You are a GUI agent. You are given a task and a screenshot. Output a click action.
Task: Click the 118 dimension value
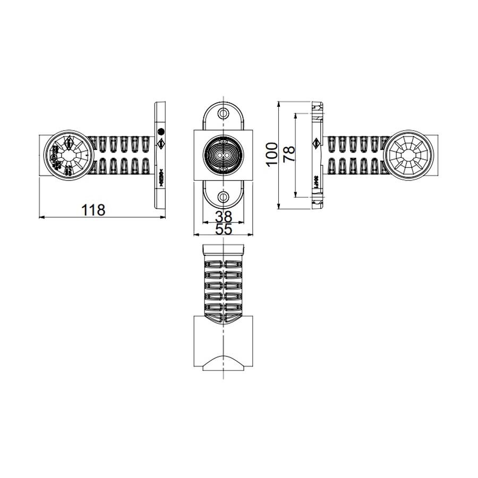point(93,210)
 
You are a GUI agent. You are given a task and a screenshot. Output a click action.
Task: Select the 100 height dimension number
point(271,154)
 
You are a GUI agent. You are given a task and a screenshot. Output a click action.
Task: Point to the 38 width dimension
point(224,216)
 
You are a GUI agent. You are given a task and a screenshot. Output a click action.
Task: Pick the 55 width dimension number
point(224,229)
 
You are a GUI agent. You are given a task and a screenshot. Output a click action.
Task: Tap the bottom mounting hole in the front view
point(224,197)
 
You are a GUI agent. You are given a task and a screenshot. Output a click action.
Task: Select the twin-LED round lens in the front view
point(224,155)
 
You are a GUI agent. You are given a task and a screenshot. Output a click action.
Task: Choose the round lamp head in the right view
point(408,155)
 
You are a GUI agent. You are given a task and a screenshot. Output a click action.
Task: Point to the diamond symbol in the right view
point(317,143)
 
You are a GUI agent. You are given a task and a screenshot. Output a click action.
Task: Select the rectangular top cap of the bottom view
point(224,250)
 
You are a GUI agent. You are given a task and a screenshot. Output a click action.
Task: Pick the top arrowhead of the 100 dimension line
point(279,103)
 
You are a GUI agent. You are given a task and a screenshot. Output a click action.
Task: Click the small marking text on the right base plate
point(316,181)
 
